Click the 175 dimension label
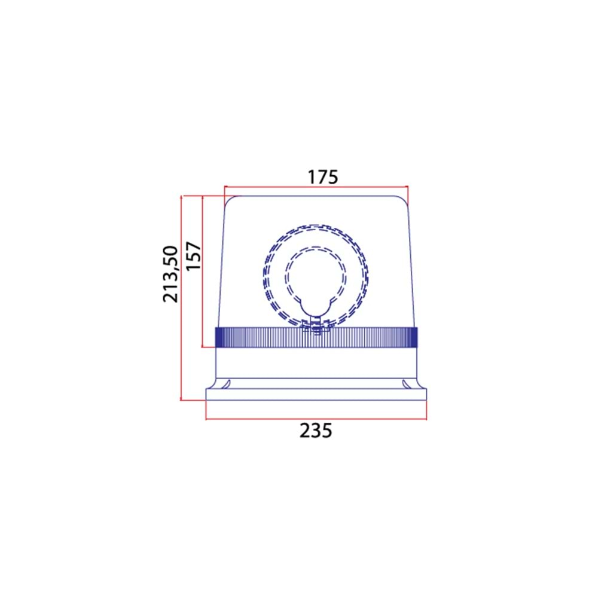(323, 177)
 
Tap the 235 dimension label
(316, 431)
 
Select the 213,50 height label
(170, 274)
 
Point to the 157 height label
(193, 255)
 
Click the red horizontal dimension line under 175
(316, 187)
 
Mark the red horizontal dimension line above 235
(316, 419)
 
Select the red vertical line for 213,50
(181, 298)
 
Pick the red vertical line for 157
(203, 271)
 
